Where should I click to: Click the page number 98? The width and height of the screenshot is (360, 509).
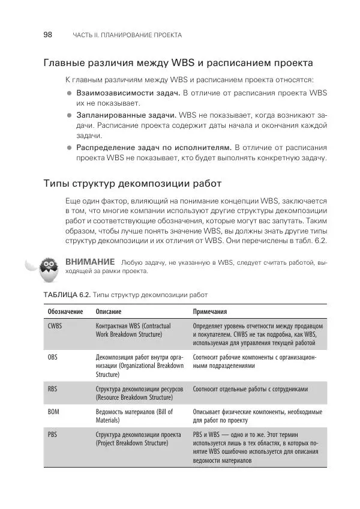[x=48, y=35]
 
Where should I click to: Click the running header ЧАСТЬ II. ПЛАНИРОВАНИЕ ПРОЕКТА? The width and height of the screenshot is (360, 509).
[x=127, y=35]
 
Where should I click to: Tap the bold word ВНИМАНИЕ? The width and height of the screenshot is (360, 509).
[x=90, y=262]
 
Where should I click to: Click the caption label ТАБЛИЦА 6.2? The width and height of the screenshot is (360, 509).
[x=67, y=295]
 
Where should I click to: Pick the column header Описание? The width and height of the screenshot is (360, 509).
[x=109, y=312]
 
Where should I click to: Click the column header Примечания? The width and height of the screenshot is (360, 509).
[x=210, y=312]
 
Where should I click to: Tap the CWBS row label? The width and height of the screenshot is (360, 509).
[x=55, y=326]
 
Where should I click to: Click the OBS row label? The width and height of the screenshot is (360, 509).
[x=53, y=357]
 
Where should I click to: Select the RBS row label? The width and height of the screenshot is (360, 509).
[x=52, y=388]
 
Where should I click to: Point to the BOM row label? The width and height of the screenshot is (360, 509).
[x=53, y=412]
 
